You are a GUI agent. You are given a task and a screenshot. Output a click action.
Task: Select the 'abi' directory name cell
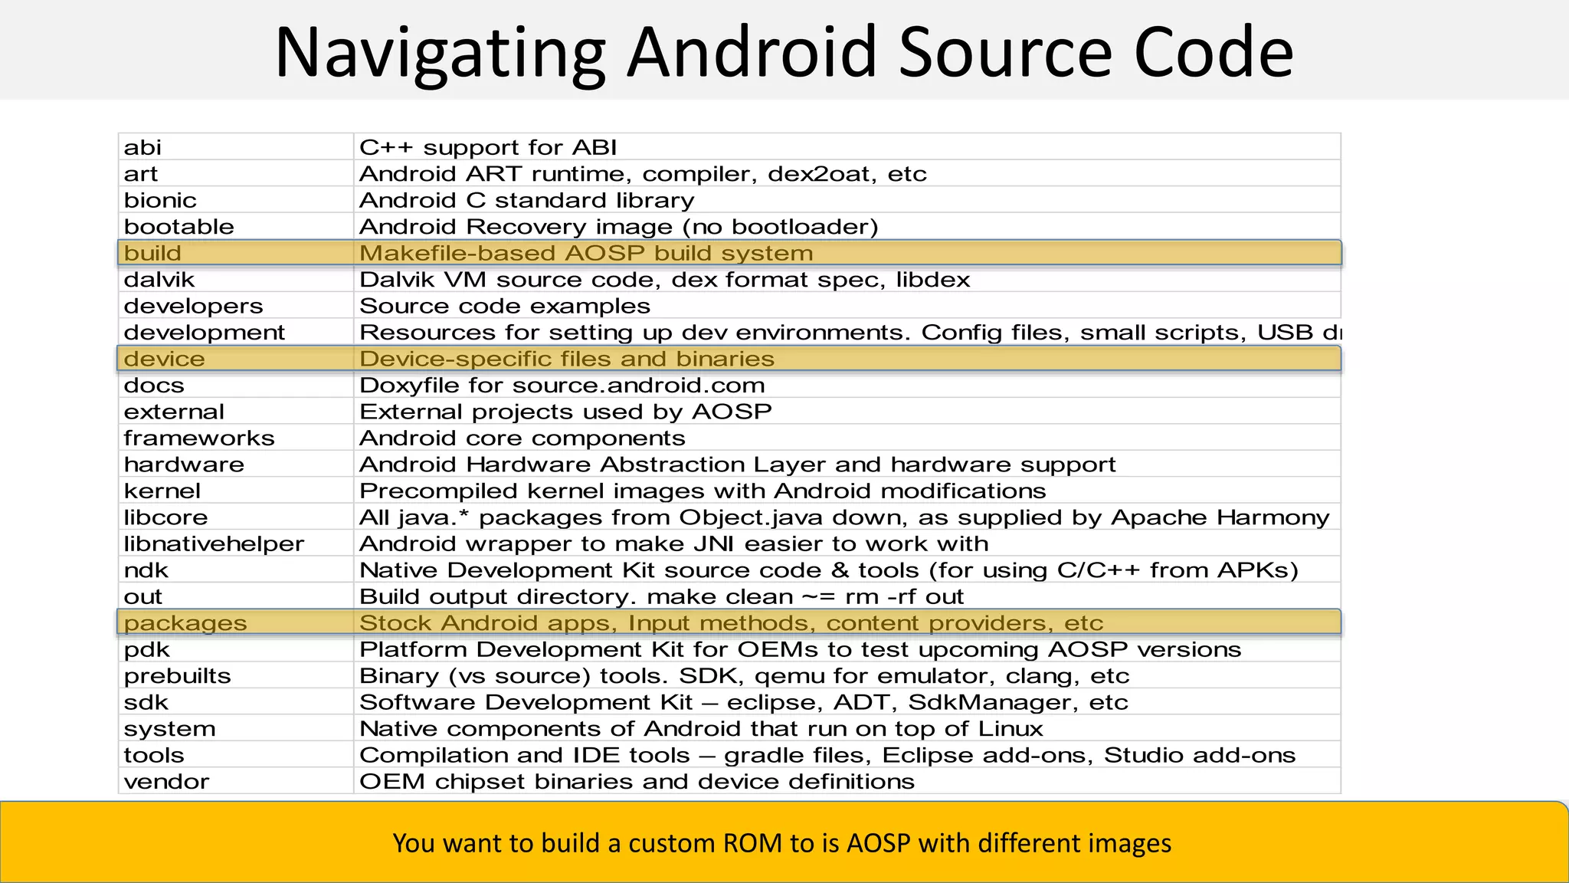point(142,147)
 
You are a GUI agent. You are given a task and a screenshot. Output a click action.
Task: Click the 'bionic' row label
point(160,200)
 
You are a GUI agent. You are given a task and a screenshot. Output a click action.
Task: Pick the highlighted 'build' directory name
point(152,253)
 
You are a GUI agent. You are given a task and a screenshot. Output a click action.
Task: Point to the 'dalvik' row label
point(159,280)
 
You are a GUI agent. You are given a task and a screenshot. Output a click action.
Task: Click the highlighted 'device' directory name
point(164,359)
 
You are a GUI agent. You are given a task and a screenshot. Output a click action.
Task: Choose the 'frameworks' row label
point(199,438)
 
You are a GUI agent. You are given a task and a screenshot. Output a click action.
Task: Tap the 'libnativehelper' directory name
point(214,544)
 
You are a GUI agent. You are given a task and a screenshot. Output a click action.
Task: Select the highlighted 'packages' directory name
point(185,623)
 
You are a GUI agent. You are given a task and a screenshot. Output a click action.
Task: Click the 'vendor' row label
point(166,782)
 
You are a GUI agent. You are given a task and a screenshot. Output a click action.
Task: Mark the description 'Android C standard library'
point(526,200)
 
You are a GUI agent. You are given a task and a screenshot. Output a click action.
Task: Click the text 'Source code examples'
point(504,306)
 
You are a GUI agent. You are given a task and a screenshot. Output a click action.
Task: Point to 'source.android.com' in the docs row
point(638,386)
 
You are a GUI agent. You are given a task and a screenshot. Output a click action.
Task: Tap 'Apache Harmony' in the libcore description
point(1220,517)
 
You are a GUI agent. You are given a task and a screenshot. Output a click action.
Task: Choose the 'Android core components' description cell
point(522,438)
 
